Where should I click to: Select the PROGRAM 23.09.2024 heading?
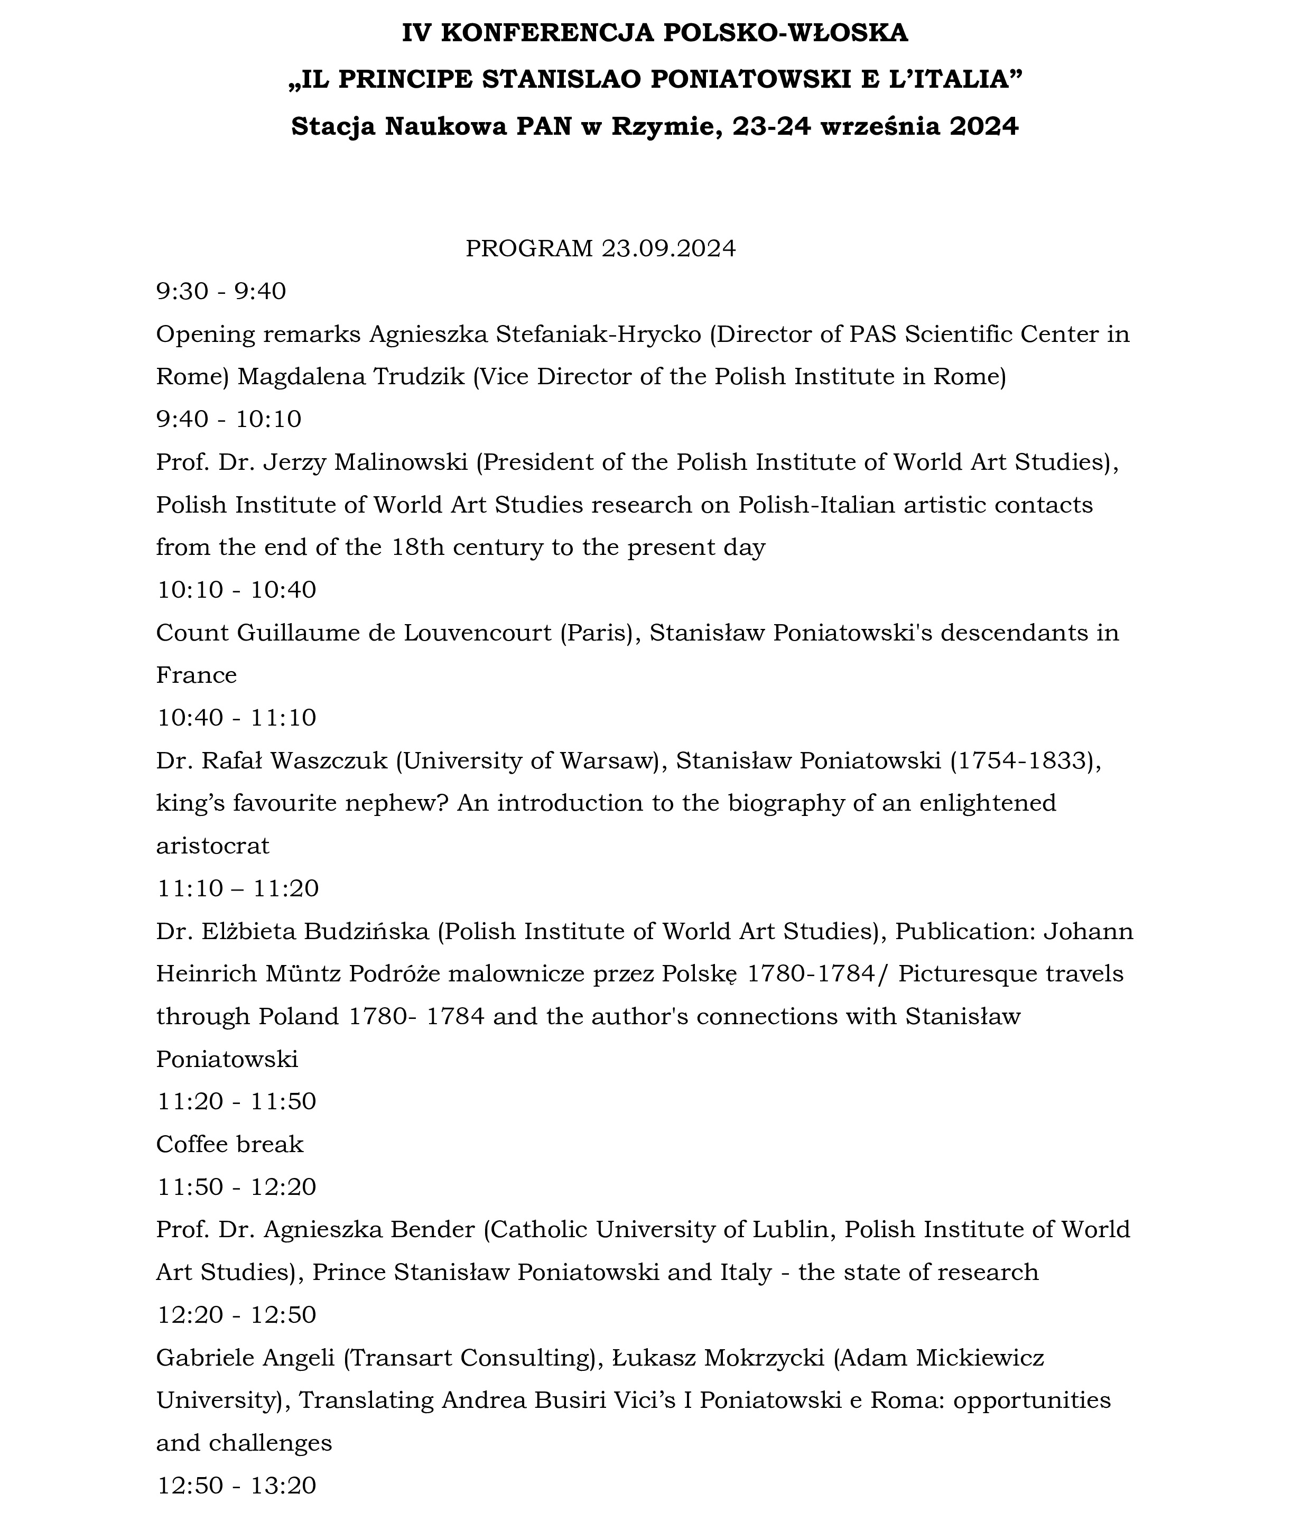coord(600,249)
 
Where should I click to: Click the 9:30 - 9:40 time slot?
coord(220,292)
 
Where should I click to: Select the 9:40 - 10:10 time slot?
coord(228,420)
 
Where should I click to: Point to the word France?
coord(196,675)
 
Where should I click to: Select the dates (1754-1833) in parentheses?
coord(1023,761)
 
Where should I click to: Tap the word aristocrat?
coord(212,846)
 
